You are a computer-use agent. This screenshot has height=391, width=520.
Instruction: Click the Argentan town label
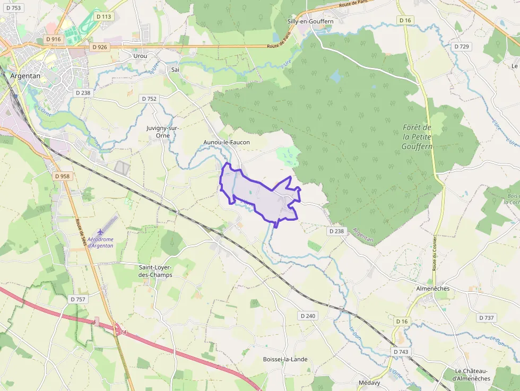[25, 76]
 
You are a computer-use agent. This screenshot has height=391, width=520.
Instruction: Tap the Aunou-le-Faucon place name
[227, 142]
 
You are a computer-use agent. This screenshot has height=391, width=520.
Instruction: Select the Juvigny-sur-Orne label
[163, 132]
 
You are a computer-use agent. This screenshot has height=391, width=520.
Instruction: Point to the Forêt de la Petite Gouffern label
[417, 137]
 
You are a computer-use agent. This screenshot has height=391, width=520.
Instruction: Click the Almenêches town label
[432, 289]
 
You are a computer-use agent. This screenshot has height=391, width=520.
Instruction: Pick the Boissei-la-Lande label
[285, 359]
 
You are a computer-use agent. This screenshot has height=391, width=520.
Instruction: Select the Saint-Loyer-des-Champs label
[155, 271]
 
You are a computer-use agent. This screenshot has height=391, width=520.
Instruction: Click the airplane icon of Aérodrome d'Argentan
[101, 232]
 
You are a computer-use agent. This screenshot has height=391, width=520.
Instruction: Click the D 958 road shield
[62, 176]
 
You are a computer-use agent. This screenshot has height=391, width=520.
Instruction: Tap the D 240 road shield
[308, 316]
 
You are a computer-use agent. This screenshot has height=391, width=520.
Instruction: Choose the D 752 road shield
[150, 99]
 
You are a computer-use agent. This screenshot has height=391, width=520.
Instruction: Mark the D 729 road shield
[462, 47]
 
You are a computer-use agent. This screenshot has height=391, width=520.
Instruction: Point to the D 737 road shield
[486, 318]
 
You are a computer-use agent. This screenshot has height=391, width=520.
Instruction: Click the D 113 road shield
[104, 16]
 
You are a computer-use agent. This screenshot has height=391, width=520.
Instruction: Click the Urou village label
[140, 56]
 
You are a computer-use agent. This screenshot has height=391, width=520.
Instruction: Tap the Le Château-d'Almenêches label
[472, 375]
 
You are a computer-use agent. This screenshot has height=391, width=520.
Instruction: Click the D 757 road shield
[77, 299]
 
